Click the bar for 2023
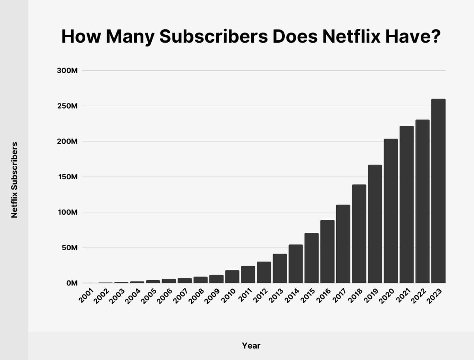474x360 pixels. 438,191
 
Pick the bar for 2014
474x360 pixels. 296,264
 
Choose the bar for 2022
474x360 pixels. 422,201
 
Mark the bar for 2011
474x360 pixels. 248,275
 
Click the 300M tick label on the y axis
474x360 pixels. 67,71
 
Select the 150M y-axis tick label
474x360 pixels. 67,177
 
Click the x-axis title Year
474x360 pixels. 251,346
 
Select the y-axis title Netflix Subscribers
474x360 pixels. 14,180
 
